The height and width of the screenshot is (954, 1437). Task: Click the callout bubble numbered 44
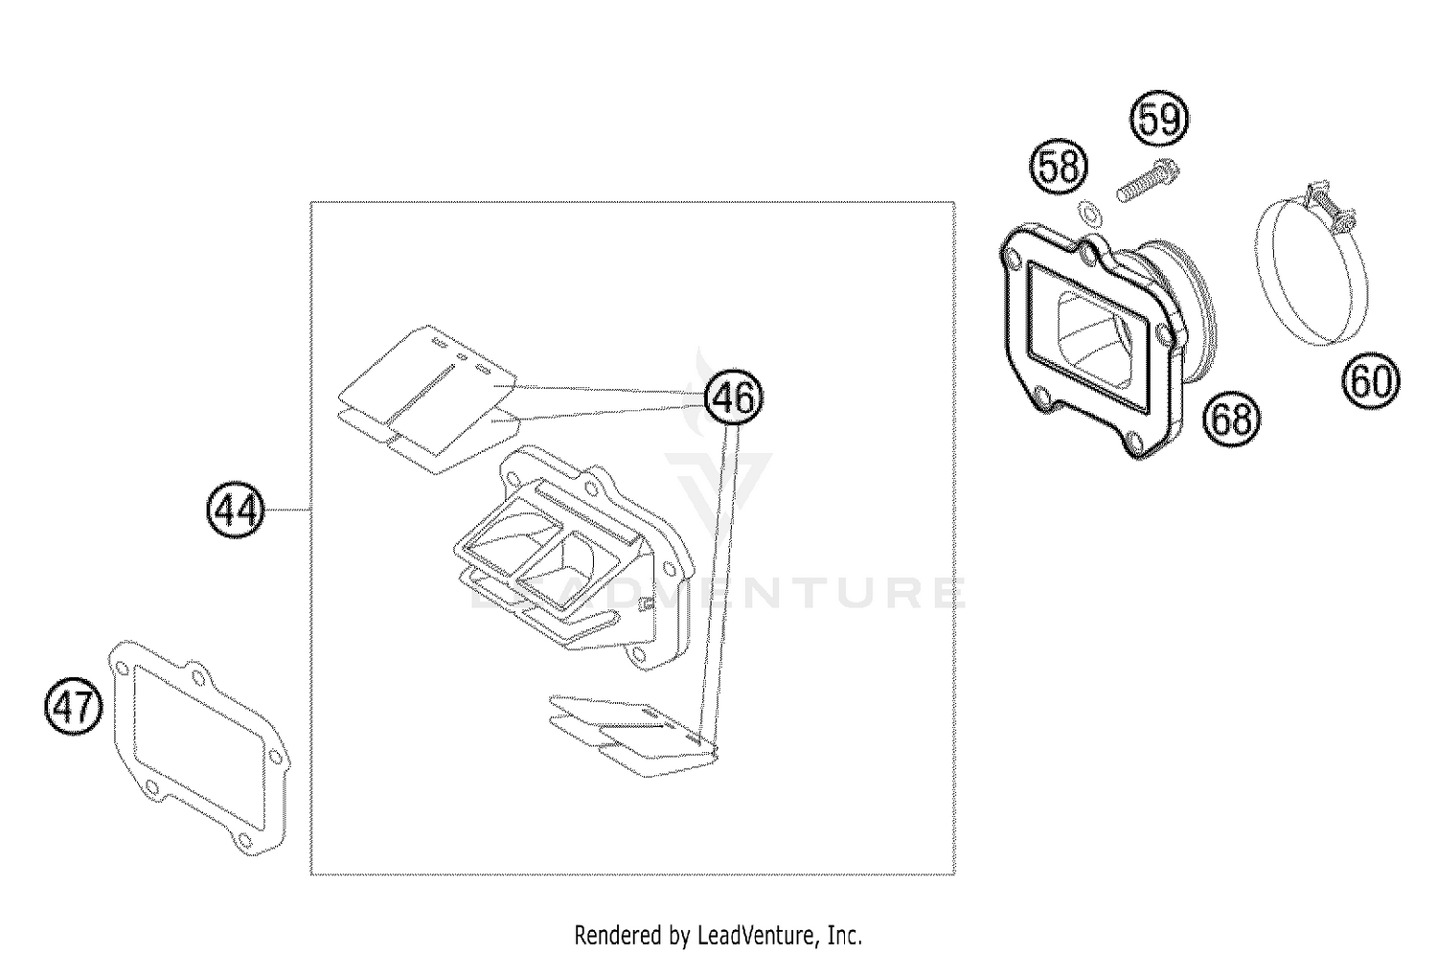pyautogui.click(x=235, y=511)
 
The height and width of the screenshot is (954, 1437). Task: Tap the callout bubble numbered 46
pyautogui.click(x=734, y=397)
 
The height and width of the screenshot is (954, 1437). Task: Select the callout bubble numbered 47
pyautogui.click(x=74, y=709)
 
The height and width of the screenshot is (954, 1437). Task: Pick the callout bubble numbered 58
pyautogui.click(x=1059, y=167)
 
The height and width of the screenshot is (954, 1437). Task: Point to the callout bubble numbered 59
pyautogui.click(x=1159, y=120)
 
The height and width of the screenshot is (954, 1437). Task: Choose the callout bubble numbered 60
pyautogui.click(x=1369, y=381)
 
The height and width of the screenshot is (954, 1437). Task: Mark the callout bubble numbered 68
pyautogui.click(x=1231, y=418)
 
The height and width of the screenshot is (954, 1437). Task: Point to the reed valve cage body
pyautogui.click(x=575, y=556)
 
